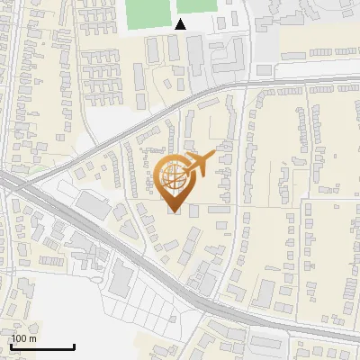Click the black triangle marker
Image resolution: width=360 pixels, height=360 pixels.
(x=180, y=24)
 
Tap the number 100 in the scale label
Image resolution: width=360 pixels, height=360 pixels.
(x=20, y=338)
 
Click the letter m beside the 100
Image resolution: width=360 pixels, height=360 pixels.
(x=31, y=338)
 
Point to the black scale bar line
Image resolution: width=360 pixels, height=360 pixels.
(x=42, y=347)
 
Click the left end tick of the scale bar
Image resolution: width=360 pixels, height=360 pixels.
(x=11, y=346)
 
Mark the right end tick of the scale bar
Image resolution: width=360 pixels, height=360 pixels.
(x=74, y=346)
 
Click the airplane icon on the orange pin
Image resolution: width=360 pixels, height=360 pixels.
(x=197, y=165)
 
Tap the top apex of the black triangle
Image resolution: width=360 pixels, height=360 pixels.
(x=180, y=19)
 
